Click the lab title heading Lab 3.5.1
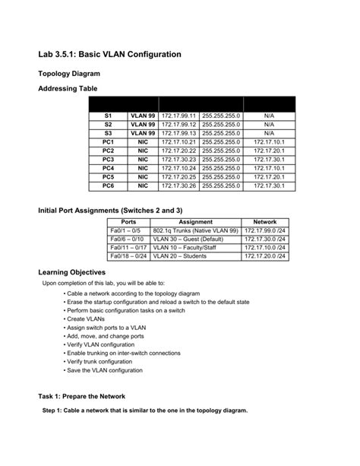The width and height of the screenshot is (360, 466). [109, 55]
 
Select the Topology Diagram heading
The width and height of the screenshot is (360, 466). [69, 74]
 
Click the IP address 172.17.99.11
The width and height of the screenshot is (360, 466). [178, 116]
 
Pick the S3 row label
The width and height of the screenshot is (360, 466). [108, 133]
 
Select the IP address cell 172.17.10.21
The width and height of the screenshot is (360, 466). [178, 141]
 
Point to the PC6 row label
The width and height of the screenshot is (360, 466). [108, 185]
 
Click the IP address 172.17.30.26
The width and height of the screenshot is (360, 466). [178, 185]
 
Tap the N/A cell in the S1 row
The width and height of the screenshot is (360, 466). [268, 116]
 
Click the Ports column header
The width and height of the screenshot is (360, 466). [128, 222]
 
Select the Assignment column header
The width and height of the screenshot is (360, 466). [195, 222]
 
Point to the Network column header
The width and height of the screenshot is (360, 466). [265, 222]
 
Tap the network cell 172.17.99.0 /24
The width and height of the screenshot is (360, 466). [265, 230]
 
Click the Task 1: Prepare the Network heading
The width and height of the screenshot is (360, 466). [81, 396]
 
